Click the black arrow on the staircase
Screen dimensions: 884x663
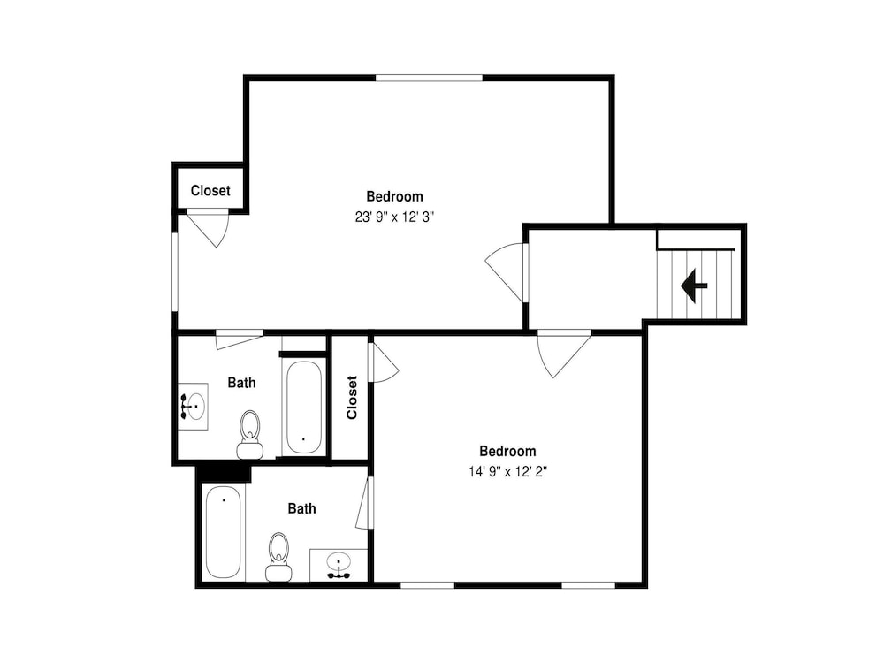[694, 286]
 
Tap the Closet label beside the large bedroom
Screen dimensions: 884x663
[210, 191]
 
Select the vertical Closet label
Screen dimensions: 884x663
[352, 398]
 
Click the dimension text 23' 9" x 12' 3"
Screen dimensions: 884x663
[394, 217]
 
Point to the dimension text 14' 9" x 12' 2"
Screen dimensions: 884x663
[508, 471]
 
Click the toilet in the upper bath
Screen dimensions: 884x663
[250, 433]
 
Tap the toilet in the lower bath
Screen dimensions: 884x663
[278, 556]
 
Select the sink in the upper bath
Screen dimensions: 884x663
[193, 407]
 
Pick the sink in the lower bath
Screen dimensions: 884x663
[339, 565]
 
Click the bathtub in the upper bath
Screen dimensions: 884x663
[304, 408]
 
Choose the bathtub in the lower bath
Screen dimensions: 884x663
[224, 531]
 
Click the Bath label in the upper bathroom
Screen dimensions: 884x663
[241, 383]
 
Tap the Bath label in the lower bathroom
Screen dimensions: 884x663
[301, 508]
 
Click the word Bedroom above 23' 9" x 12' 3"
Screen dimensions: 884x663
[394, 197]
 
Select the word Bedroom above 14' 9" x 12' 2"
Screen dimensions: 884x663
[508, 451]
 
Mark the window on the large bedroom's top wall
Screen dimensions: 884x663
[429, 78]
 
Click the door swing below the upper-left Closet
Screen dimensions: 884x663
[208, 228]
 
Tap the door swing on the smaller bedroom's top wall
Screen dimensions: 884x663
[564, 354]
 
